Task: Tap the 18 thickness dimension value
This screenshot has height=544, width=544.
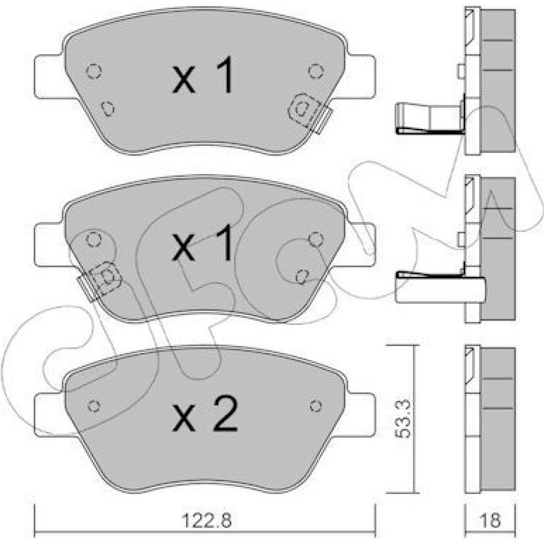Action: (491, 520)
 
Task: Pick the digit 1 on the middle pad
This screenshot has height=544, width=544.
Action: (224, 242)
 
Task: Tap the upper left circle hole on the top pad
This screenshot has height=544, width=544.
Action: (94, 72)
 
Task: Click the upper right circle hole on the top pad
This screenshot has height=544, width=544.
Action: (316, 71)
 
